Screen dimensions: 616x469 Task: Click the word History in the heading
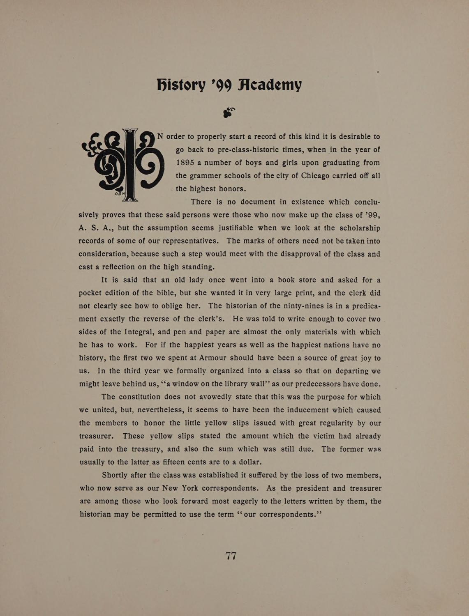[x=181, y=85]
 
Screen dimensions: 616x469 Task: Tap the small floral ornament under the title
[x=229, y=112]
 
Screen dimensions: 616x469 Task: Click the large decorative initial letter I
[x=130, y=164]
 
